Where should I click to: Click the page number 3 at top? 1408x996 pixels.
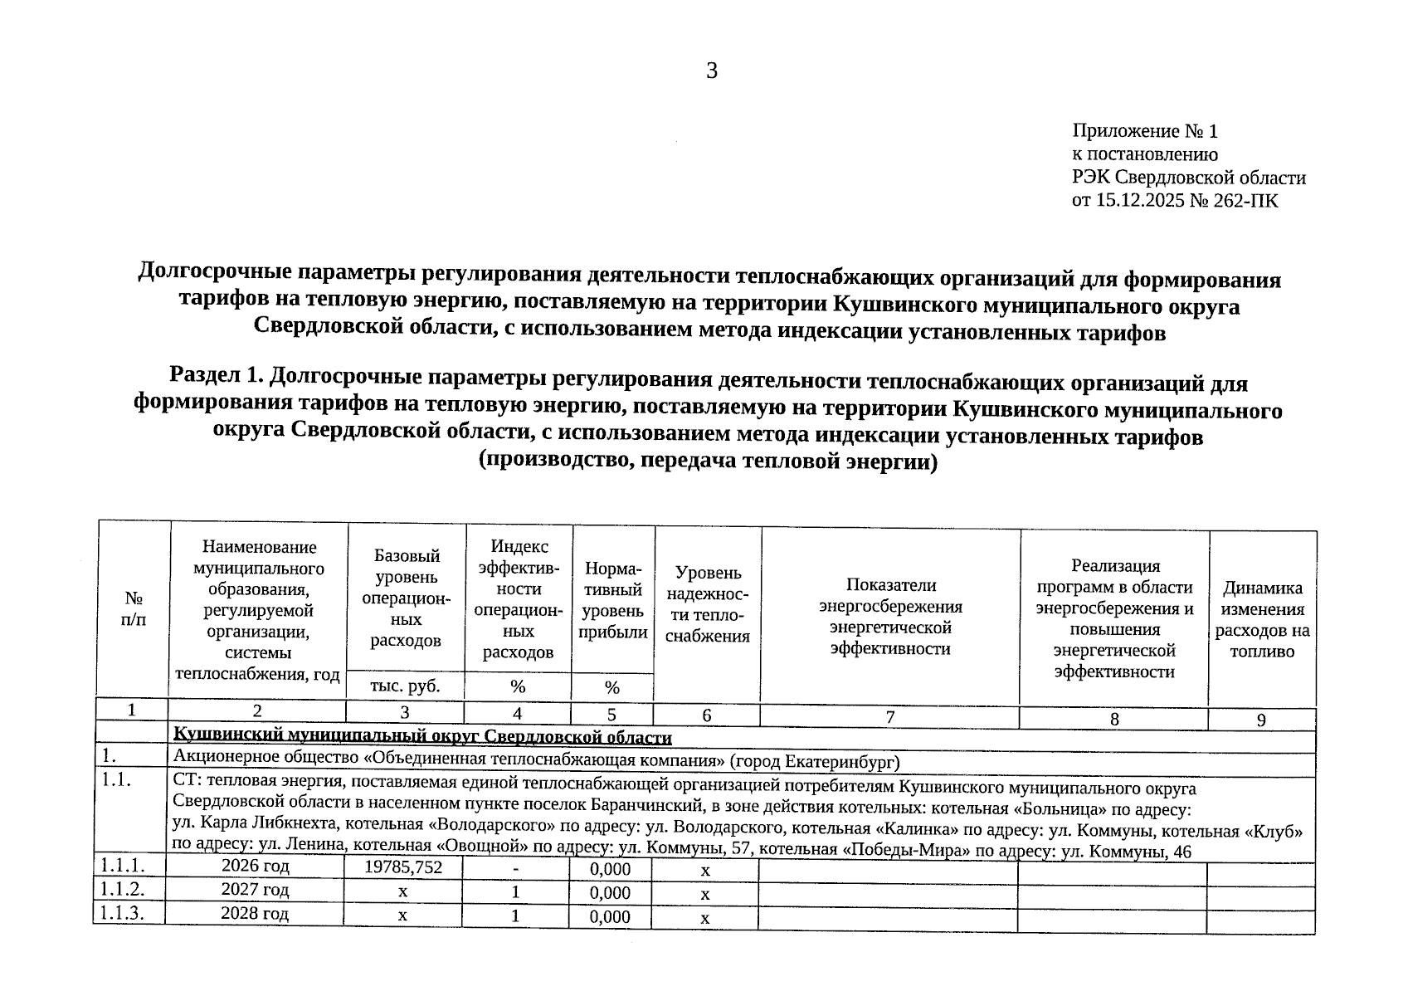click(711, 71)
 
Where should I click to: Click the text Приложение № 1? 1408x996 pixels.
click(1144, 131)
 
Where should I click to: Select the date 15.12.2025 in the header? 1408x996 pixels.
click(1140, 201)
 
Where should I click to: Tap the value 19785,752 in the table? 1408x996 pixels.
click(403, 867)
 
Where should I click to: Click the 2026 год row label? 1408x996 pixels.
click(255, 866)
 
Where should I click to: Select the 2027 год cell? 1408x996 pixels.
click(255, 890)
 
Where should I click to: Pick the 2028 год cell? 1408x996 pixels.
click(255, 914)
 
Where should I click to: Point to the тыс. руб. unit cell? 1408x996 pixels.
click(405, 686)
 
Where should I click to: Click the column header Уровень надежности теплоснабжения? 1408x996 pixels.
click(707, 604)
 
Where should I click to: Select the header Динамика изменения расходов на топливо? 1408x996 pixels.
click(1262, 619)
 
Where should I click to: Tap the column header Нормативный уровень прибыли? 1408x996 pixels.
click(612, 600)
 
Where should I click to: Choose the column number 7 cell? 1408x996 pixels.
click(889, 717)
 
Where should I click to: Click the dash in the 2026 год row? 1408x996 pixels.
click(515, 869)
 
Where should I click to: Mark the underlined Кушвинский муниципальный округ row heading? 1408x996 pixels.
click(421, 737)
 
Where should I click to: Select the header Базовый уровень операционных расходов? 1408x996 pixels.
click(406, 597)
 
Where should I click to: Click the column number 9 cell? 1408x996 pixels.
click(1260, 720)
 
